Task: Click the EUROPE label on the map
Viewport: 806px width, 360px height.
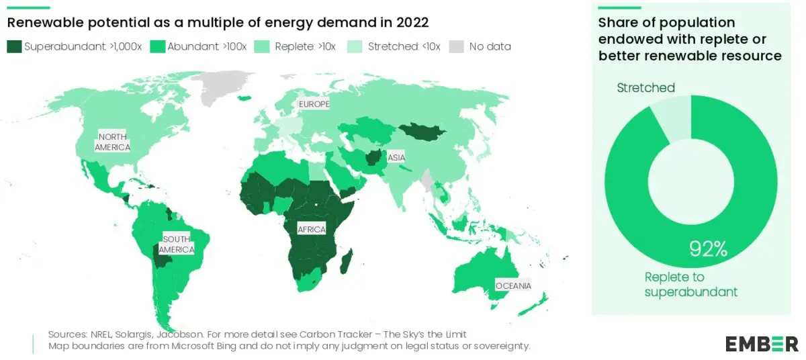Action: [x=314, y=105]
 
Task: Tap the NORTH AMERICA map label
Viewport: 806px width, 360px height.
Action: [x=112, y=142]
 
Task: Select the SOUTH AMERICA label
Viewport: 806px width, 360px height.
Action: [x=177, y=244]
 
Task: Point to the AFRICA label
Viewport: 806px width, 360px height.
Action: [x=311, y=230]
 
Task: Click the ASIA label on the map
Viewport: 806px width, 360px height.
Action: [x=396, y=159]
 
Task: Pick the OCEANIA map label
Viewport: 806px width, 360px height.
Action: [x=513, y=285]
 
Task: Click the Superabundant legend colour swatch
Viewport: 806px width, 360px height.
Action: [x=14, y=46]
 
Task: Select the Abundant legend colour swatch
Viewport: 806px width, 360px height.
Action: [x=158, y=46]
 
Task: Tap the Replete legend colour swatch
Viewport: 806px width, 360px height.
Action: [x=265, y=46]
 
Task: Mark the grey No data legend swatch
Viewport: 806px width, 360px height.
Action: [x=457, y=46]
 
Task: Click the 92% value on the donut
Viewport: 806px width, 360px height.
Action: [x=709, y=249]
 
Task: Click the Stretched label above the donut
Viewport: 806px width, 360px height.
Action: [x=645, y=88]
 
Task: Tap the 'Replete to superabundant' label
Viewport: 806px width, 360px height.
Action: [x=691, y=284]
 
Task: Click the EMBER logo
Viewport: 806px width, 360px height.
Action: [x=762, y=345]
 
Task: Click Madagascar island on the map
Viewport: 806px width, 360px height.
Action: [x=347, y=261]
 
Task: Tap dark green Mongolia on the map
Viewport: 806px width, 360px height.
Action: [x=422, y=132]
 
